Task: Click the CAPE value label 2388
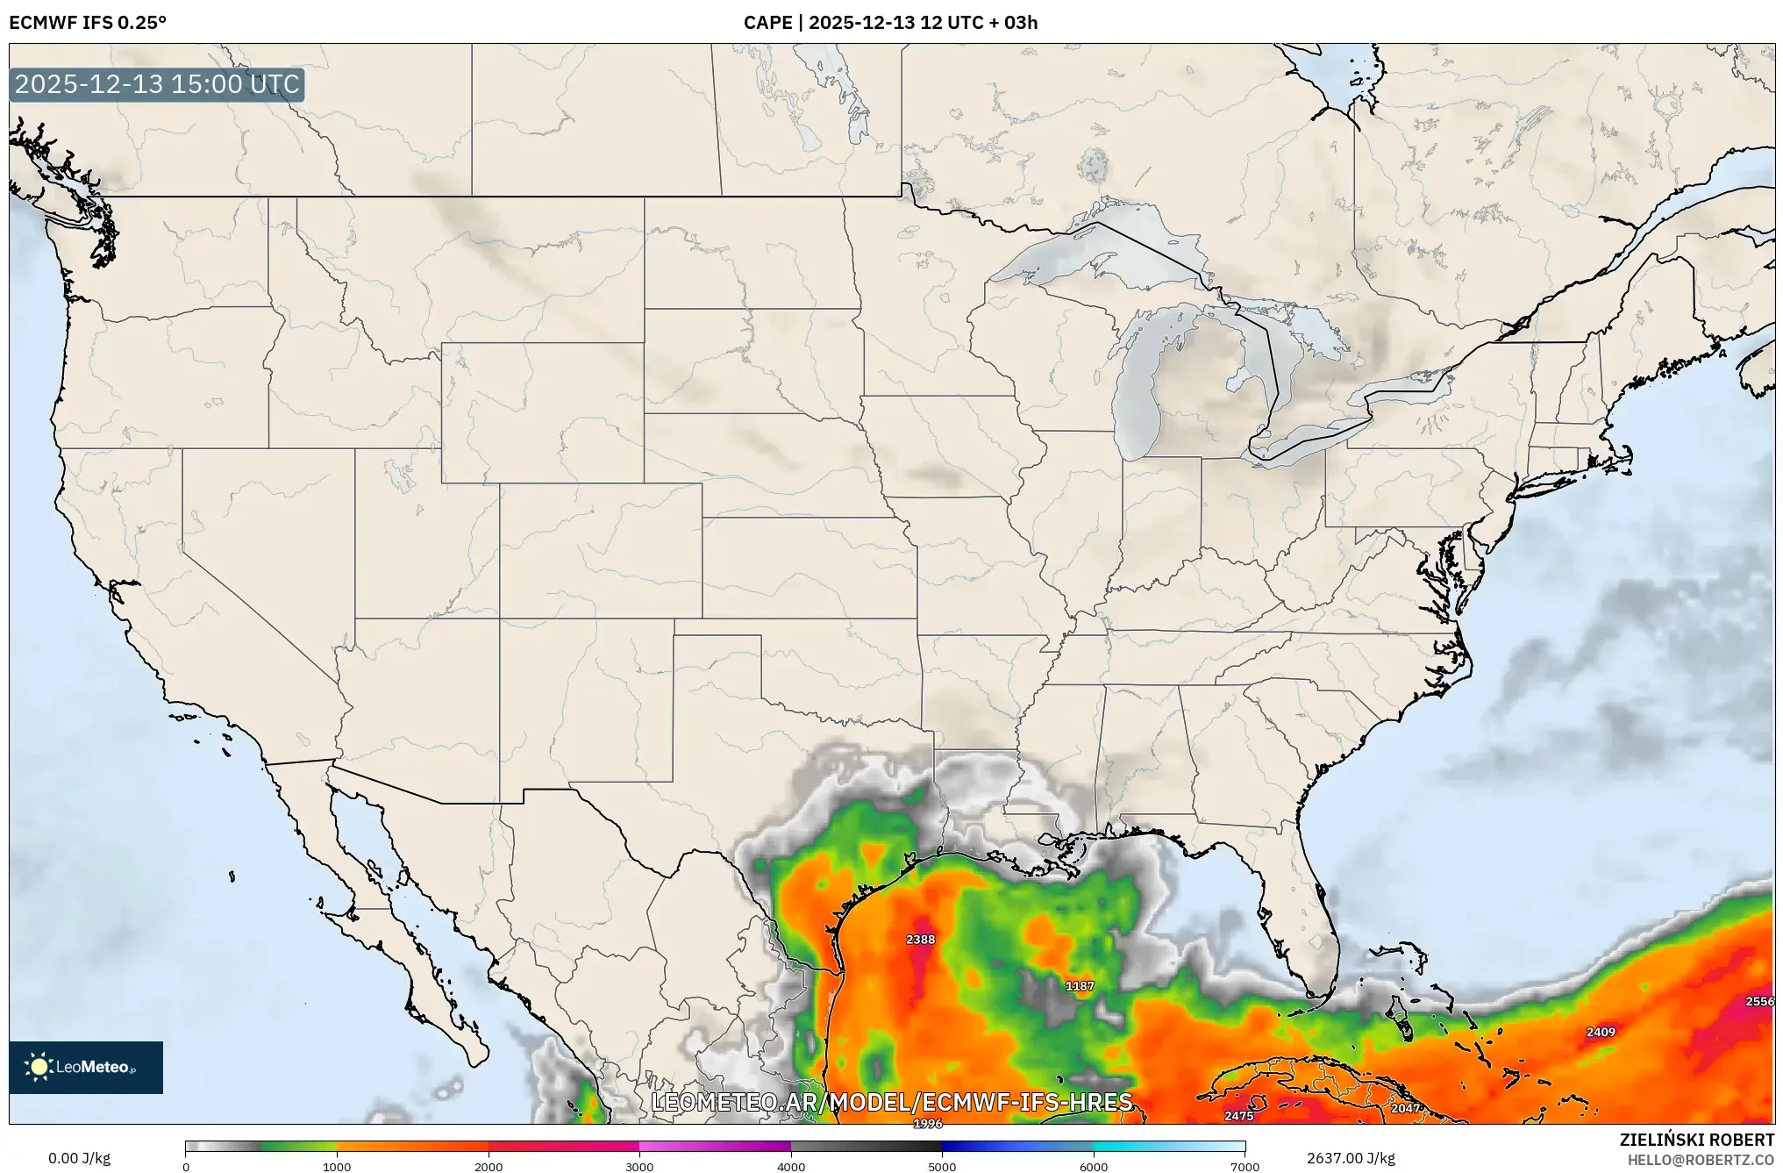(920, 940)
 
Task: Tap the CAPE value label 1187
(1080, 986)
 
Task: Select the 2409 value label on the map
(1601, 1033)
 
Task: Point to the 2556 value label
(1758, 1002)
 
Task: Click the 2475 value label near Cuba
(1238, 1116)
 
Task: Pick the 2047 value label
(1405, 1108)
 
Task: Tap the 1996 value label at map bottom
(927, 1124)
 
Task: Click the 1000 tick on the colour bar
(337, 1167)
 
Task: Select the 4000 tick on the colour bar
(791, 1167)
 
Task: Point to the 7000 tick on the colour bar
(1245, 1167)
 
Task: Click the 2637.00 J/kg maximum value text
(1351, 1158)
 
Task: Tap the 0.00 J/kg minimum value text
(80, 1158)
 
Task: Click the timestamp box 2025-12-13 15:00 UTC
(157, 84)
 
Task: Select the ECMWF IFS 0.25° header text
(88, 23)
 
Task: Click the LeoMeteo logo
(86, 1067)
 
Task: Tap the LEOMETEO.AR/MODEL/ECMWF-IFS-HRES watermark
(892, 1102)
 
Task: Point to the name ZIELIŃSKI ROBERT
(1696, 1140)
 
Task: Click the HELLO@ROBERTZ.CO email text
(1701, 1160)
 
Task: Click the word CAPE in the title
(767, 23)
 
